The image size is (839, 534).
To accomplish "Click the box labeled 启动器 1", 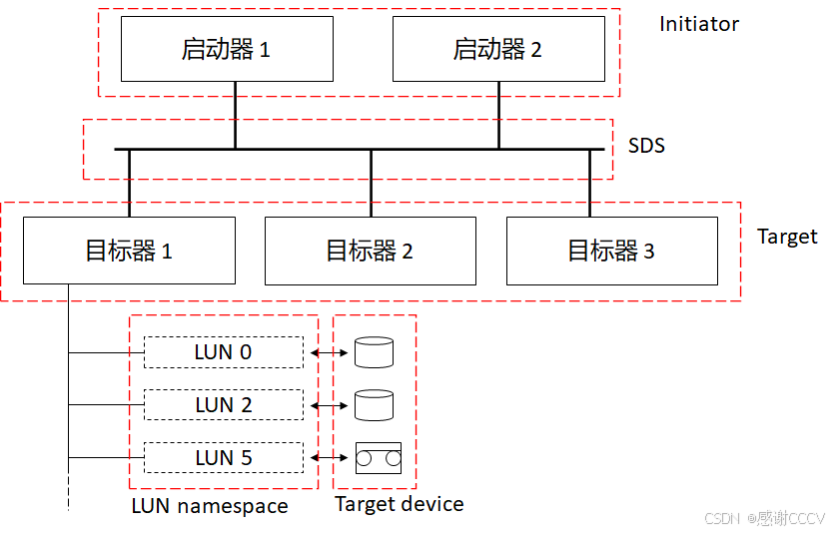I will pyautogui.click(x=226, y=49).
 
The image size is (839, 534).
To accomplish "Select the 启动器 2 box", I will pyautogui.click(x=497, y=49).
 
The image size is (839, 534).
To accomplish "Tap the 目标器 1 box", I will pyautogui.click(x=128, y=251).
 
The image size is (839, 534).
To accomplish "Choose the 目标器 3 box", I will pyautogui.click(x=611, y=251).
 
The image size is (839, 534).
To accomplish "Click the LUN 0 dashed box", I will pyautogui.click(x=223, y=352).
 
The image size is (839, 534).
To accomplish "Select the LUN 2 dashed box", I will pyautogui.click(x=223, y=405).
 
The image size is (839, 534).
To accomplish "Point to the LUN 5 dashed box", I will pyautogui.click(x=223, y=458).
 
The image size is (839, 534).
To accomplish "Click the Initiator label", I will pyautogui.click(x=698, y=24).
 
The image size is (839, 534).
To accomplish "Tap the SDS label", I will pyautogui.click(x=646, y=146).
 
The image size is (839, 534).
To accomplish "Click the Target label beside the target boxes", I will pyautogui.click(x=787, y=237).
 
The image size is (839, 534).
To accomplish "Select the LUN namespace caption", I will pyautogui.click(x=210, y=506).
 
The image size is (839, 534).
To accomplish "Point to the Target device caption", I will pyautogui.click(x=399, y=504).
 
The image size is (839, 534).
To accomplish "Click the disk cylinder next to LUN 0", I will pyautogui.click(x=375, y=352).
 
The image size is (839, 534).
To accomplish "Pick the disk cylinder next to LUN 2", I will pyautogui.click(x=375, y=405).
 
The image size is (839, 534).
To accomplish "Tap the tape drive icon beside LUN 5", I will pyautogui.click(x=378, y=458).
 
